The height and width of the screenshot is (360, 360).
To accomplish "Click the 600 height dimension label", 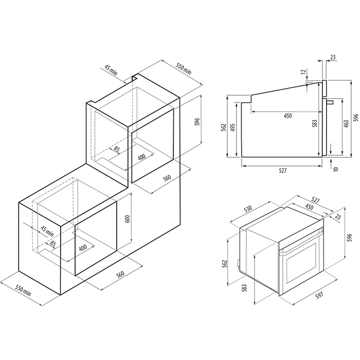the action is click(128, 219).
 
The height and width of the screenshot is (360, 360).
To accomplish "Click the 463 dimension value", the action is click(347, 123).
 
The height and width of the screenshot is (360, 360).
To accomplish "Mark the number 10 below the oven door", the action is click(336, 169).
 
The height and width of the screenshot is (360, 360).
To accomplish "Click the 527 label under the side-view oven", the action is click(283, 171).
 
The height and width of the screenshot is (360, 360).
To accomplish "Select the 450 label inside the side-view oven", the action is click(287, 116).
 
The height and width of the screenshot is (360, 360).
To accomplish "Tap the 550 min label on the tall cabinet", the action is click(183, 69).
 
